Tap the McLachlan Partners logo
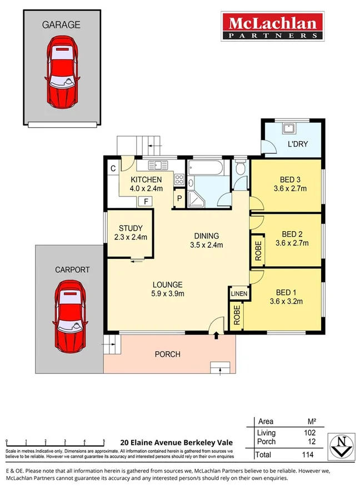(272, 27)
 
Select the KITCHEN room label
(146, 180)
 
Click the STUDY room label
(131, 228)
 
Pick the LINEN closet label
(239, 293)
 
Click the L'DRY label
(297, 144)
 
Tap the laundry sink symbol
(289, 129)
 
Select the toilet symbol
(239, 167)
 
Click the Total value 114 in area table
(307, 455)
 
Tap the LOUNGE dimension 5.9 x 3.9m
(168, 294)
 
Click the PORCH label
(167, 354)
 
